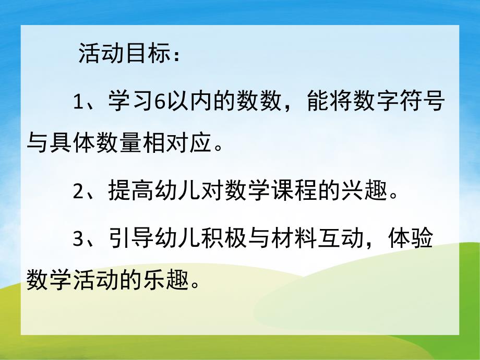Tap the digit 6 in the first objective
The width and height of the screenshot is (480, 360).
click(161, 102)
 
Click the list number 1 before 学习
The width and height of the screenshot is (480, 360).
click(79, 102)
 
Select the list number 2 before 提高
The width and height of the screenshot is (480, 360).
click(79, 192)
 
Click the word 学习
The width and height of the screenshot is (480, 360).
click(133, 102)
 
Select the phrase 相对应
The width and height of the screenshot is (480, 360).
click(179, 142)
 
